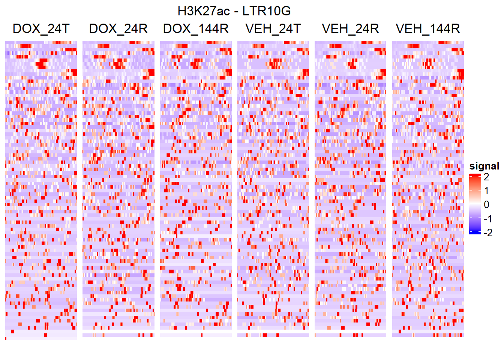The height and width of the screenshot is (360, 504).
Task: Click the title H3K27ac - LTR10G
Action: pyautogui.click(x=234, y=11)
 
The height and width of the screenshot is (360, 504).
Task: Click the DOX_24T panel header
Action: pyautogui.click(x=41, y=29)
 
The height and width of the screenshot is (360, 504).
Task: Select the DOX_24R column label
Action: pyautogui.click(x=118, y=29)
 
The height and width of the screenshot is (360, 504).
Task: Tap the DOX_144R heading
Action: pyautogui.click(x=196, y=29)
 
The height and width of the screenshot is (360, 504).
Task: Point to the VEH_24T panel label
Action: pyautogui.click(x=273, y=29)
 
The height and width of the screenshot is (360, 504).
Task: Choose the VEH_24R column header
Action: pyautogui.click(x=350, y=29)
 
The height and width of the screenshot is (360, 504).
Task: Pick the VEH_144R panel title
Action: pyautogui.click(x=428, y=29)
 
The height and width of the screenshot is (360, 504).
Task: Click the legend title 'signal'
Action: pyautogui.click(x=484, y=166)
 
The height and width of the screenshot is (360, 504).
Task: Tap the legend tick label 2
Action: pyautogui.click(x=486, y=177)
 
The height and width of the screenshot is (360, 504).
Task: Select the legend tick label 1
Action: pyautogui.click(x=486, y=191)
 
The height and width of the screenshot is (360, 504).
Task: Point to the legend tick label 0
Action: pyautogui.click(x=486, y=205)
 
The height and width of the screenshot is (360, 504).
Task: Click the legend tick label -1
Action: pyautogui.click(x=487, y=219)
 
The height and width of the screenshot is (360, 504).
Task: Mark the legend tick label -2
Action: pyautogui.click(x=487, y=233)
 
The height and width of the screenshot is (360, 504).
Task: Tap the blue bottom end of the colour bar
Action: pyautogui.click(x=475, y=232)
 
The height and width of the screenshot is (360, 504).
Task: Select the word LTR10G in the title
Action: pyautogui.click(x=267, y=11)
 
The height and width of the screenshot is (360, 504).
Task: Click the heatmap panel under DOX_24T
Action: pyautogui.click(x=41, y=187)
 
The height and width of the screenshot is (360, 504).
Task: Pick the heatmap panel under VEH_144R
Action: pyautogui.click(x=428, y=187)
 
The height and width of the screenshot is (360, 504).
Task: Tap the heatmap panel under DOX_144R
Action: pyautogui.click(x=196, y=187)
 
